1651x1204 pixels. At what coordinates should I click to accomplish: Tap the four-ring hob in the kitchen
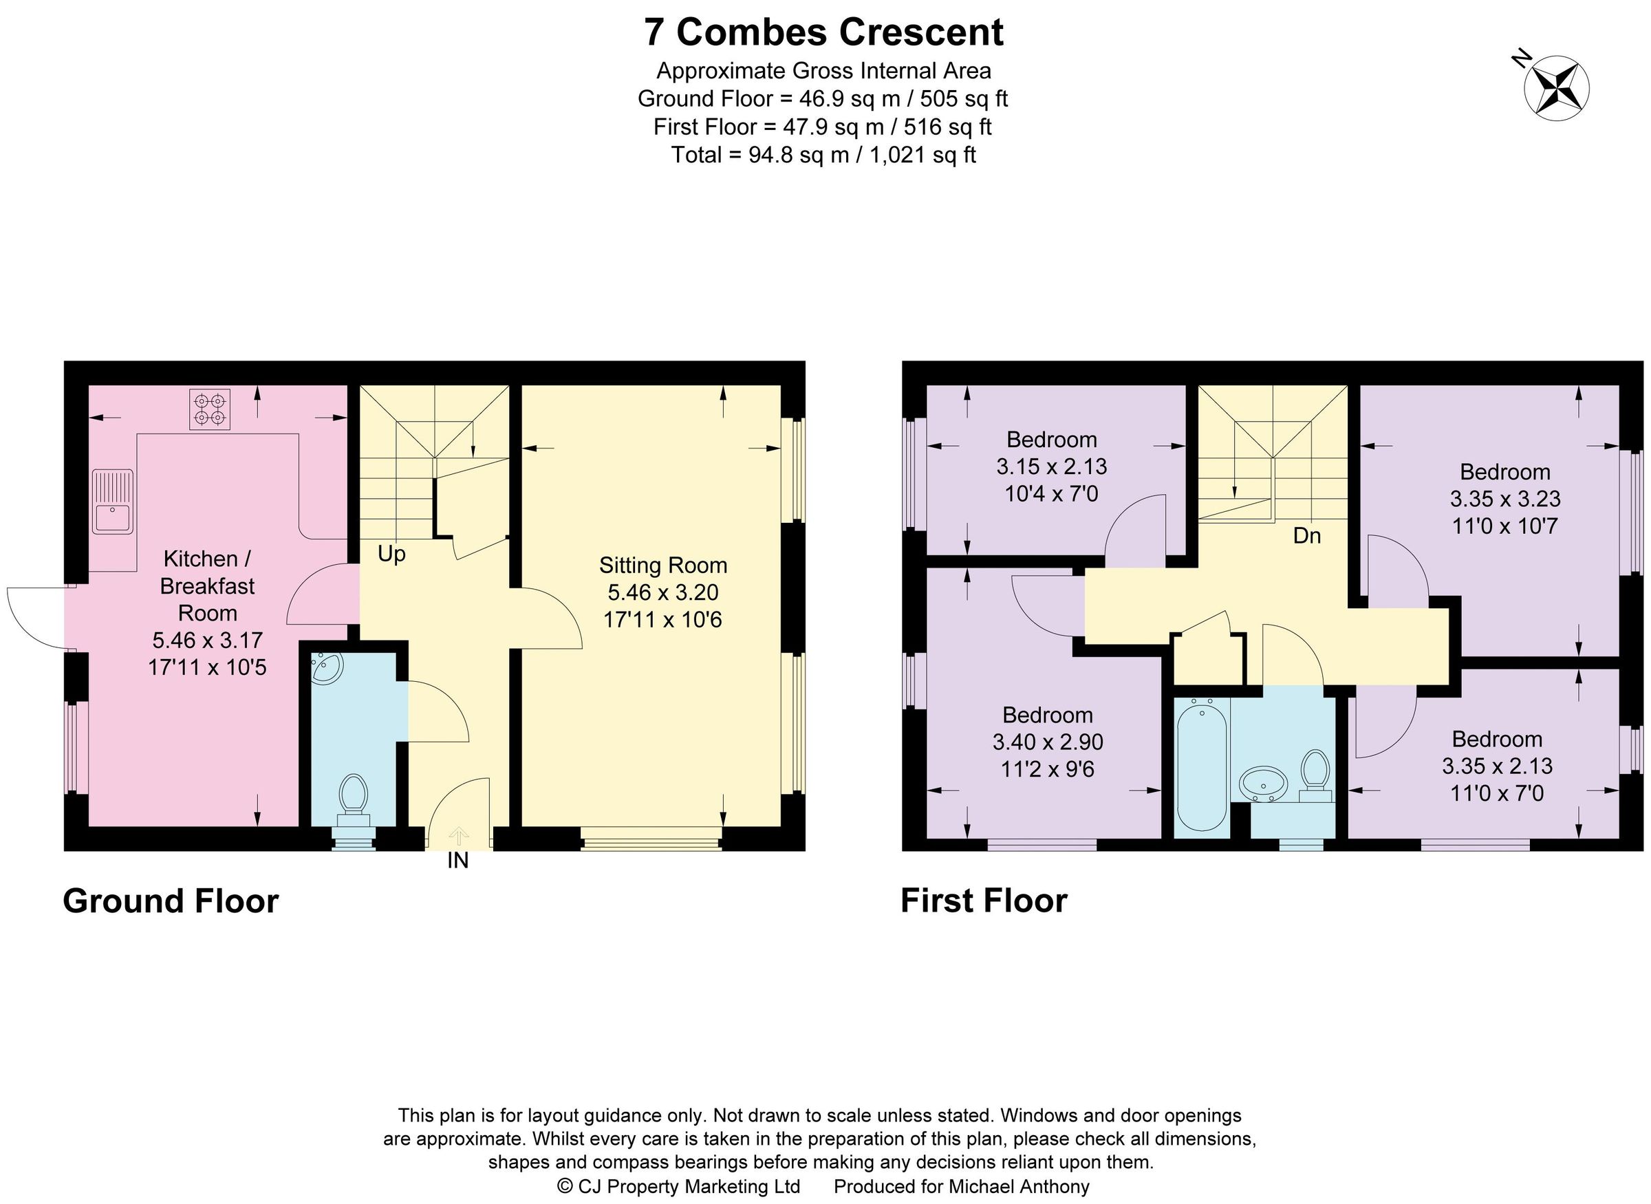click(x=210, y=409)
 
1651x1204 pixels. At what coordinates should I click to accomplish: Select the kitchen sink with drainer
click(x=113, y=501)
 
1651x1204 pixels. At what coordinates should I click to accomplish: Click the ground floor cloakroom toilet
click(x=353, y=796)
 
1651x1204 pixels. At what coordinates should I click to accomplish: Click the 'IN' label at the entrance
click(x=457, y=861)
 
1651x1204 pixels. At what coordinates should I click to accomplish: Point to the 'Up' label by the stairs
click(x=391, y=555)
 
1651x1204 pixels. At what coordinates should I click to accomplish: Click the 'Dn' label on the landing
click(x=1306, y=536)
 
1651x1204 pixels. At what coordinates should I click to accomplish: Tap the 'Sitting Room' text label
click(x=662, y=565)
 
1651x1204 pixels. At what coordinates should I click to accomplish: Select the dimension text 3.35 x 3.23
click(x=1504, y=499)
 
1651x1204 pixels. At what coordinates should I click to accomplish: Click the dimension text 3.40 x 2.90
click(x=1047, y=742)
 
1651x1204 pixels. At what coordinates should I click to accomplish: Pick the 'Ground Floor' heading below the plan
click(x=171, y=901)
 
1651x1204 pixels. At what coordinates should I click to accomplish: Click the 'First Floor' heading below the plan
click(x=984, y=901)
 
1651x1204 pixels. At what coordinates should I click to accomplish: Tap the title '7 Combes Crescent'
click(x=823, y=32)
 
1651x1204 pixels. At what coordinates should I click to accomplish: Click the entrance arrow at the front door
click(x=457, y=835)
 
